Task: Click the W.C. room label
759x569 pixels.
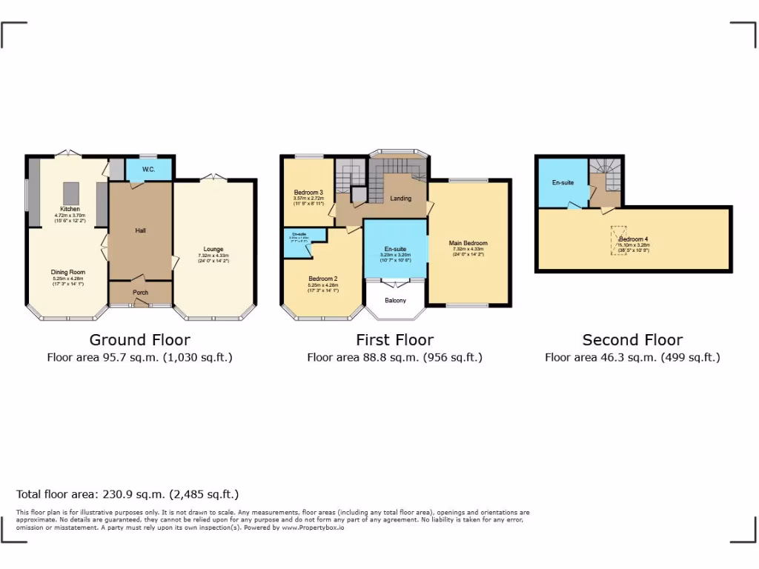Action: [x=148, y=170]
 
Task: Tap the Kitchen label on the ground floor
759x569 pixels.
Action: [x=70, y=209]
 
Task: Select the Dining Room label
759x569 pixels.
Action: [x=68, y=272]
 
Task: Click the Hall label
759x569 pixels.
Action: [x=140, y=231]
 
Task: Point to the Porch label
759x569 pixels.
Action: [x=140, y=293]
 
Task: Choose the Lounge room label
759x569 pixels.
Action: [x=214, y=249]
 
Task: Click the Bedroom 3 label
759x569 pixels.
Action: [x=308, y=192]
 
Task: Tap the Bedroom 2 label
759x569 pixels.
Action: [x=323, y=279]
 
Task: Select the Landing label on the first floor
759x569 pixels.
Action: [x=401, y=198]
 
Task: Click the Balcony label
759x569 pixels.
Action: [x=396, y=300]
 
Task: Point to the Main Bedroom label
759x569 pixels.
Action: [x=468, y=243]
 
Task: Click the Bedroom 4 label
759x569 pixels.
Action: [x=634, y=239]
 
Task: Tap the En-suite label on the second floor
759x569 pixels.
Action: [x=563, y=182]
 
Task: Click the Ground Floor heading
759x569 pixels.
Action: [x=139, y=340]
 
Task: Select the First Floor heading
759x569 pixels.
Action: [x=394, y=340]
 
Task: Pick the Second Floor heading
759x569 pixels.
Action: [x=632, y=340]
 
